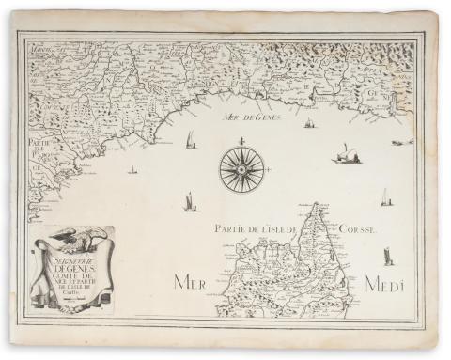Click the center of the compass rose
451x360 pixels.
pos(241,170)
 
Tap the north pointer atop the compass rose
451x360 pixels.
pos(241,141)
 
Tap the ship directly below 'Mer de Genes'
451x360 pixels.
pos(309,123)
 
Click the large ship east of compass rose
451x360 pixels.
pos(346,153)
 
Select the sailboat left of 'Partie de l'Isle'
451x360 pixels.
pos(190,201)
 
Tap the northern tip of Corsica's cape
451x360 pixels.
pos(318,204)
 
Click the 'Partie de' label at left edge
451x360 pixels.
pos(39,143)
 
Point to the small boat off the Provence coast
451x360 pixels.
pos(132,170)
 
